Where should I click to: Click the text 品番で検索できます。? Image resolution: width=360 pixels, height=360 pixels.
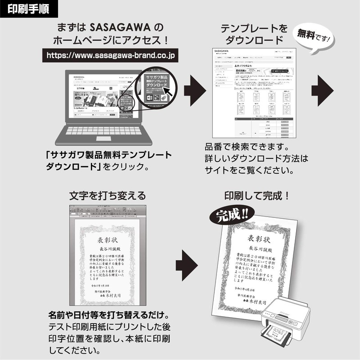point(247,147)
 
